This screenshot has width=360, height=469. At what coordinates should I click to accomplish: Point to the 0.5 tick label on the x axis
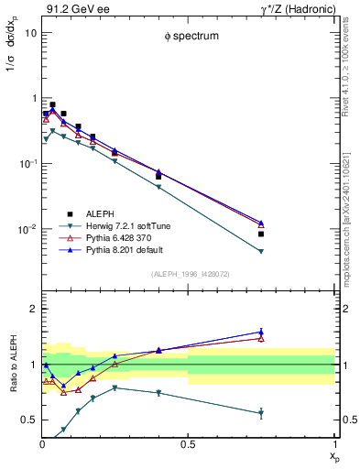[187, 443]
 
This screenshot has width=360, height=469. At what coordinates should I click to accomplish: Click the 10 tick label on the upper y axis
[29, 32]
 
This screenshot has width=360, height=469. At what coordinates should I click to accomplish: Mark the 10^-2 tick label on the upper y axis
[27, 229]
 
